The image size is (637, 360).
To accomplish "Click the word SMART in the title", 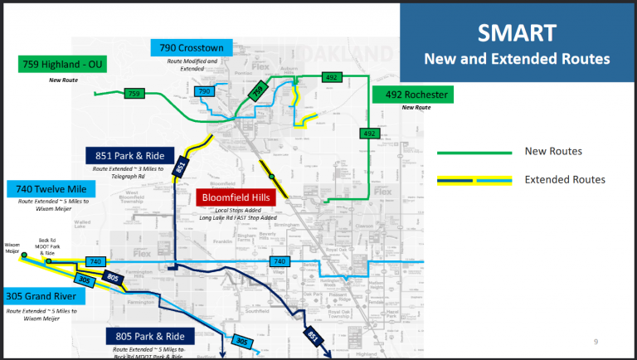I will (517, 33).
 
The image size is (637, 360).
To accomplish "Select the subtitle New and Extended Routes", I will (517, 60).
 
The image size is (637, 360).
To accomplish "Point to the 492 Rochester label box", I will (415, 95).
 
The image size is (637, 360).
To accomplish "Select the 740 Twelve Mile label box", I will (51, 190).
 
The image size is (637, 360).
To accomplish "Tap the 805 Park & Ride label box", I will (150, 336).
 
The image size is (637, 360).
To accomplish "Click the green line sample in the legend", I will (474, 152).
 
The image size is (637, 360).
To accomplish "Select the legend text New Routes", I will (553, 151).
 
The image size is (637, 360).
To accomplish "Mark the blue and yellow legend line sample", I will (474, 180).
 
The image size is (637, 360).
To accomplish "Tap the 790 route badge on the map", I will (205, 91).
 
